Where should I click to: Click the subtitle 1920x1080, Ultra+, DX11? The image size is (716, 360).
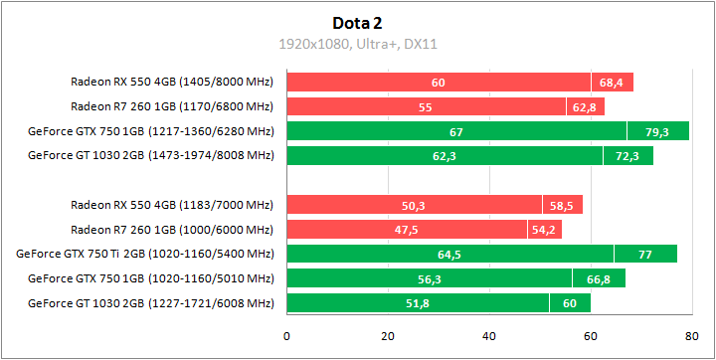click(x=357, y=43)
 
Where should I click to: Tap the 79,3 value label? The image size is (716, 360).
click(x=657, y=131)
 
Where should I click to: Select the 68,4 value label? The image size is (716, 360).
click(x=612, y=83)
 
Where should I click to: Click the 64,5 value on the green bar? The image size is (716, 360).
click(x=449, y=255)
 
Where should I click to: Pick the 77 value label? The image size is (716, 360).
click(x=644, y=255)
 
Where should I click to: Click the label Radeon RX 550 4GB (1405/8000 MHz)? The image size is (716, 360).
click(x=171, y=83)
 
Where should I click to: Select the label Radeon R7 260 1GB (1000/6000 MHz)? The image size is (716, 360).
click(x=171, y=230)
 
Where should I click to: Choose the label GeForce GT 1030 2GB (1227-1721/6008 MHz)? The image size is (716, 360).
click(x=150, y=303)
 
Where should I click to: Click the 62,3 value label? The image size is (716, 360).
click(x=445, y=156)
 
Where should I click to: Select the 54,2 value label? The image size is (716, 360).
click(x=544, y=230)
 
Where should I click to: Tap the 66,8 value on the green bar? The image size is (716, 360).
click(x=599, y=279)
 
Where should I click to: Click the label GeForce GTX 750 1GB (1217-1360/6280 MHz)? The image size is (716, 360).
click(x=150, y=131)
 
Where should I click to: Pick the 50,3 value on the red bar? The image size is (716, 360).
click(x=414, y=206)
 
